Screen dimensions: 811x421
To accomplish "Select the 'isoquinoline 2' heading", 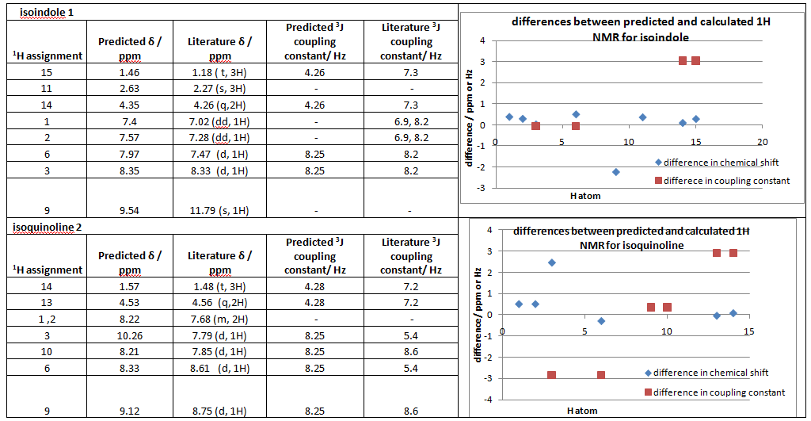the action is point(47,228).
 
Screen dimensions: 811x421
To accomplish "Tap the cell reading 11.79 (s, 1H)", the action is point(220,210).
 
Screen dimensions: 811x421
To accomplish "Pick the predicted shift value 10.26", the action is point(129,335).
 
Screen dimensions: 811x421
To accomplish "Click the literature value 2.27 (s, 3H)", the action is point(220,89).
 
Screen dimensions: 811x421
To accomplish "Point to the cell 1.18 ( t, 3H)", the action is point(220,72).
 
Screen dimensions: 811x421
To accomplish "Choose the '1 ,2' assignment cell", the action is point(47,320).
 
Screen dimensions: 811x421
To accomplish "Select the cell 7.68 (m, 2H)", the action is point(220,320).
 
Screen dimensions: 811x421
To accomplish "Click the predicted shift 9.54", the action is point(129,210).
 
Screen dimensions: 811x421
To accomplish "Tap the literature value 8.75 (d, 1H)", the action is point(220,411).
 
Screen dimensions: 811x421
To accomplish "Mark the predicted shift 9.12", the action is point(129,411).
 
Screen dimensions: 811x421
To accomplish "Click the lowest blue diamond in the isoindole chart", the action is point(615,172).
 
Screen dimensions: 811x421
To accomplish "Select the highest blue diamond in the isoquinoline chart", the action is point(552,262).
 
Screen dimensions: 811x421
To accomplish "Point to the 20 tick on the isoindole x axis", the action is point(763,142).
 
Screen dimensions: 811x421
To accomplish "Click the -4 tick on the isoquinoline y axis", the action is point(489,400).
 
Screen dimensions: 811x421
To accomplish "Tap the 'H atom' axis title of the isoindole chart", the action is point(585,196).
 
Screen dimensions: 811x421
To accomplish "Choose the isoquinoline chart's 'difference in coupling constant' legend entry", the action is point(714,392).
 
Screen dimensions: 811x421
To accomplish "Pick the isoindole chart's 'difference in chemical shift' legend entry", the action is point(716,162).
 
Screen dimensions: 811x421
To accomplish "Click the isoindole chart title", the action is point(641,29).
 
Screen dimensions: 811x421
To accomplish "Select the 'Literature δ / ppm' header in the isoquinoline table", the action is point(220,262).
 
